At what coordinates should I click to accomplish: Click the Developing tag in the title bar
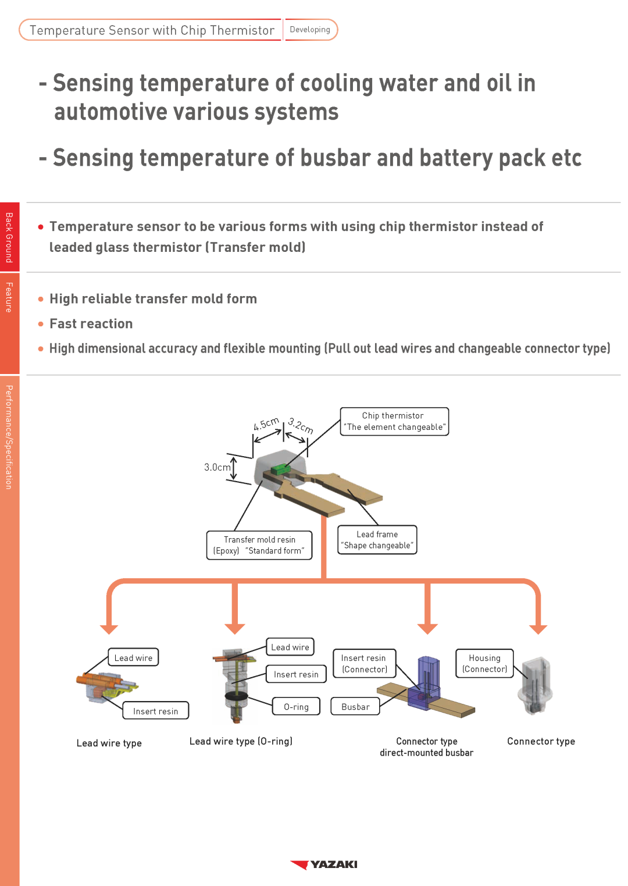point(310,30)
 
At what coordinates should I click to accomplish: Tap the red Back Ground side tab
point(9,237)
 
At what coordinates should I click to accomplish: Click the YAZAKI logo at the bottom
point(324,864)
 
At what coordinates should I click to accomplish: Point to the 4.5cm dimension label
point(266,424)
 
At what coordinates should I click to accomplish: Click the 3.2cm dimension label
point(301,426)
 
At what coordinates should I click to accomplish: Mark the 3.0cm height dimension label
point(217,467)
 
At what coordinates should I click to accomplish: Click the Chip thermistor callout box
point(394,421)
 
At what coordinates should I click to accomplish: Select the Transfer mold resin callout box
point(259,545)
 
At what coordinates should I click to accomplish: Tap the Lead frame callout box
point(377,540)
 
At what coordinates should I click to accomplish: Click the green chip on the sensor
point(281,468)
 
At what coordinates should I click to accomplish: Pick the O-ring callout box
point(296,707)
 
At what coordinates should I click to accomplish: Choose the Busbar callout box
point(355,707)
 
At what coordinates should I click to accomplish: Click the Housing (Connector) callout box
point(484,663)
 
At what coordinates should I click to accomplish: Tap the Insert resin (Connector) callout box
point(364,664)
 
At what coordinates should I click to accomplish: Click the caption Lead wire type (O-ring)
point(241,741)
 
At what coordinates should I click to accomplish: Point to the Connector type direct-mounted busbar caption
point(427,747)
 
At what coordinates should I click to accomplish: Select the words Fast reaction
point(91,323)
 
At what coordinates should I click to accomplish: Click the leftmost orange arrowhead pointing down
point(109,629)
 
